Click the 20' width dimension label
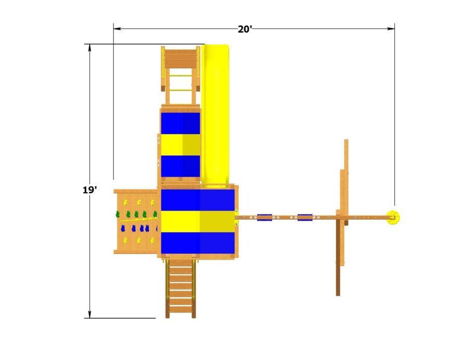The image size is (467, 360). (x=245, y=29)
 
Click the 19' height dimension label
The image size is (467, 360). (x=89, y=190)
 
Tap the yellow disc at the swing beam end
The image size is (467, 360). (x=394, y=218)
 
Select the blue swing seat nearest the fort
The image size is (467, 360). (x=264, y=217)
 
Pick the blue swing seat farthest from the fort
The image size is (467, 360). (x=305, y=217)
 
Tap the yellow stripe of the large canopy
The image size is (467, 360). (x=198, y=221)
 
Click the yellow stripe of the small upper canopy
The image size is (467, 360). (x=180, y=145)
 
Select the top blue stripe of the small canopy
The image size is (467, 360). (x=180, y=123)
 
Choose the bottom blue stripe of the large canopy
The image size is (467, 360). (x=198, y=243)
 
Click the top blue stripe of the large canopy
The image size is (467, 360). (x=198, y=200)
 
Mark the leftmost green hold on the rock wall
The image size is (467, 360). (x=118, y=214)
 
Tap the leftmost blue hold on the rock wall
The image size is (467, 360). (x=127, y=228)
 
